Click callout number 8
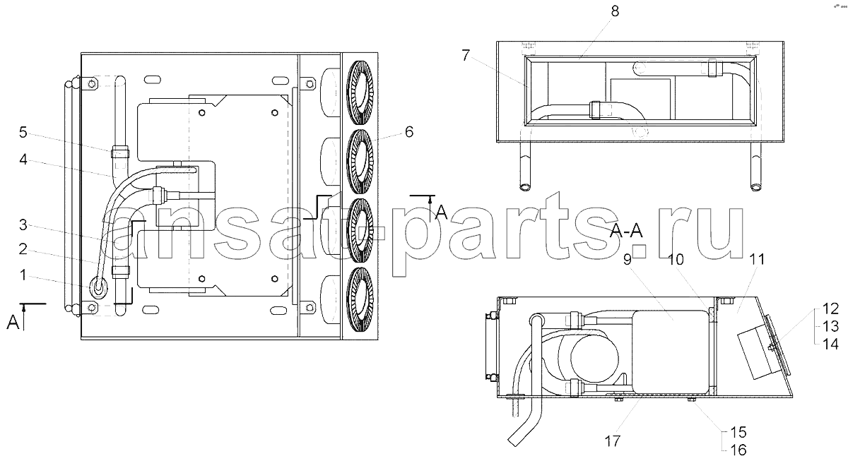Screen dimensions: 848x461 coord(615,11)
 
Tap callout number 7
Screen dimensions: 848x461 coord(466,56)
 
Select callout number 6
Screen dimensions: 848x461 coord(409,132)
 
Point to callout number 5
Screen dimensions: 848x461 coord(23,132)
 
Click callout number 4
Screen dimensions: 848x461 coord(23,160)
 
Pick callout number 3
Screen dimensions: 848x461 coord(23,224)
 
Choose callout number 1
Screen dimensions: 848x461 coord(23,275)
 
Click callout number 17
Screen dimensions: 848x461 coord(612,441)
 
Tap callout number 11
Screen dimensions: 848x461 coord(757,259)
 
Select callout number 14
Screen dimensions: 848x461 coord(830,344)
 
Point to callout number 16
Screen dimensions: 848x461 coord(738,450)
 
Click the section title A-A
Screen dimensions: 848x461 coord(626,230)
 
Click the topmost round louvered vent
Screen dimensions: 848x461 coord(360,92)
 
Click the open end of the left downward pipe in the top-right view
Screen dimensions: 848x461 coord(526,187)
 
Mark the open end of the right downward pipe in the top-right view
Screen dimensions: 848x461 coord(755,187)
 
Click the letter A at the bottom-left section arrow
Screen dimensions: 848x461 coord(13,323)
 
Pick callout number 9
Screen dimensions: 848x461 coord(628,259)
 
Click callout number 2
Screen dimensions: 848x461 coord(23,249)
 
